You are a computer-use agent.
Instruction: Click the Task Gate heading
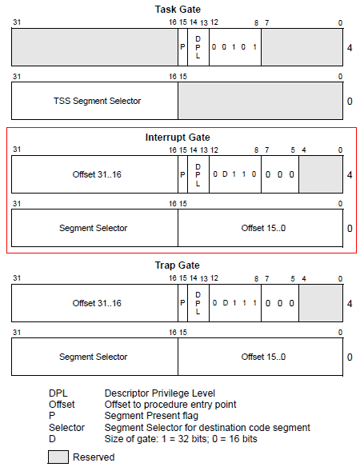[178, 10]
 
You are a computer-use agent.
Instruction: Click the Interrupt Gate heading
[178, 137]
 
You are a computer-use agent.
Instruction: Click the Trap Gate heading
[178, 265]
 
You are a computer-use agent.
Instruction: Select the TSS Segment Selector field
[94, 101]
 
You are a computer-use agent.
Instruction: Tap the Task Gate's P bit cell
[182, 47]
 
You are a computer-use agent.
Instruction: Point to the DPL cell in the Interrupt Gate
[198, 174]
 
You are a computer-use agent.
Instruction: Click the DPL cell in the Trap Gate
[198, 303]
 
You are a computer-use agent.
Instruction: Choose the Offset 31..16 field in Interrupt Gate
[94, 174]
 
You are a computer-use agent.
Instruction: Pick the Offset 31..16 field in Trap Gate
[94, 303]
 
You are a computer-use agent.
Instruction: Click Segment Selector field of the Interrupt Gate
[94, 228]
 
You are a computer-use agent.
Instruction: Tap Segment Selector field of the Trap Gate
[94, 357]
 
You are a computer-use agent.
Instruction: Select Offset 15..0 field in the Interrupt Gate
[261, 228]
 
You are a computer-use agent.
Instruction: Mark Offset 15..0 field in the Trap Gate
[261, 357]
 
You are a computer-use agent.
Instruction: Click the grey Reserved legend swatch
[58, 457]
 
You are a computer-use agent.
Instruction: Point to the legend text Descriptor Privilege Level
[160, 393]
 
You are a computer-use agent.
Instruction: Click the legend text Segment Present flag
[151, 416]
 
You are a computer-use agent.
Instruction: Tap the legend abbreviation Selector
[66, 428]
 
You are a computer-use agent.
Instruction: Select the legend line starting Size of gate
[181, 439]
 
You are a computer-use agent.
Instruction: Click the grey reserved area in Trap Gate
[321, 303]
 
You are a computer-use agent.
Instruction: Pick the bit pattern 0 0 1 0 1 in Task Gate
[234, 47]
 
